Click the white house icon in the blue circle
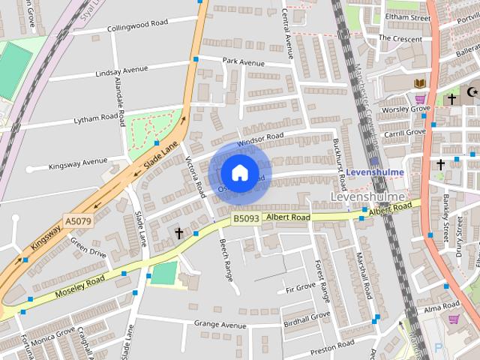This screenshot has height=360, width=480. coord(239,173)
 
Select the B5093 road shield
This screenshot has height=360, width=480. coord(245,218)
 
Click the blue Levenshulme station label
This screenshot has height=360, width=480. coord(375,172)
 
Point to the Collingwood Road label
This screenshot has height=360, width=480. coord(137,25)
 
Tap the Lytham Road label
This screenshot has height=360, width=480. coord(97,118)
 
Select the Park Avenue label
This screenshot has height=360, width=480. coord(244,61)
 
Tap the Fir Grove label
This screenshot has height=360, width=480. coord(301,288)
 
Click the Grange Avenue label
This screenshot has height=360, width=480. coord(220,325)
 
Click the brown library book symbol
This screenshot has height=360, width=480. coord(418,82)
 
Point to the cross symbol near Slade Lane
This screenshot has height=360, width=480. coord(179,233)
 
